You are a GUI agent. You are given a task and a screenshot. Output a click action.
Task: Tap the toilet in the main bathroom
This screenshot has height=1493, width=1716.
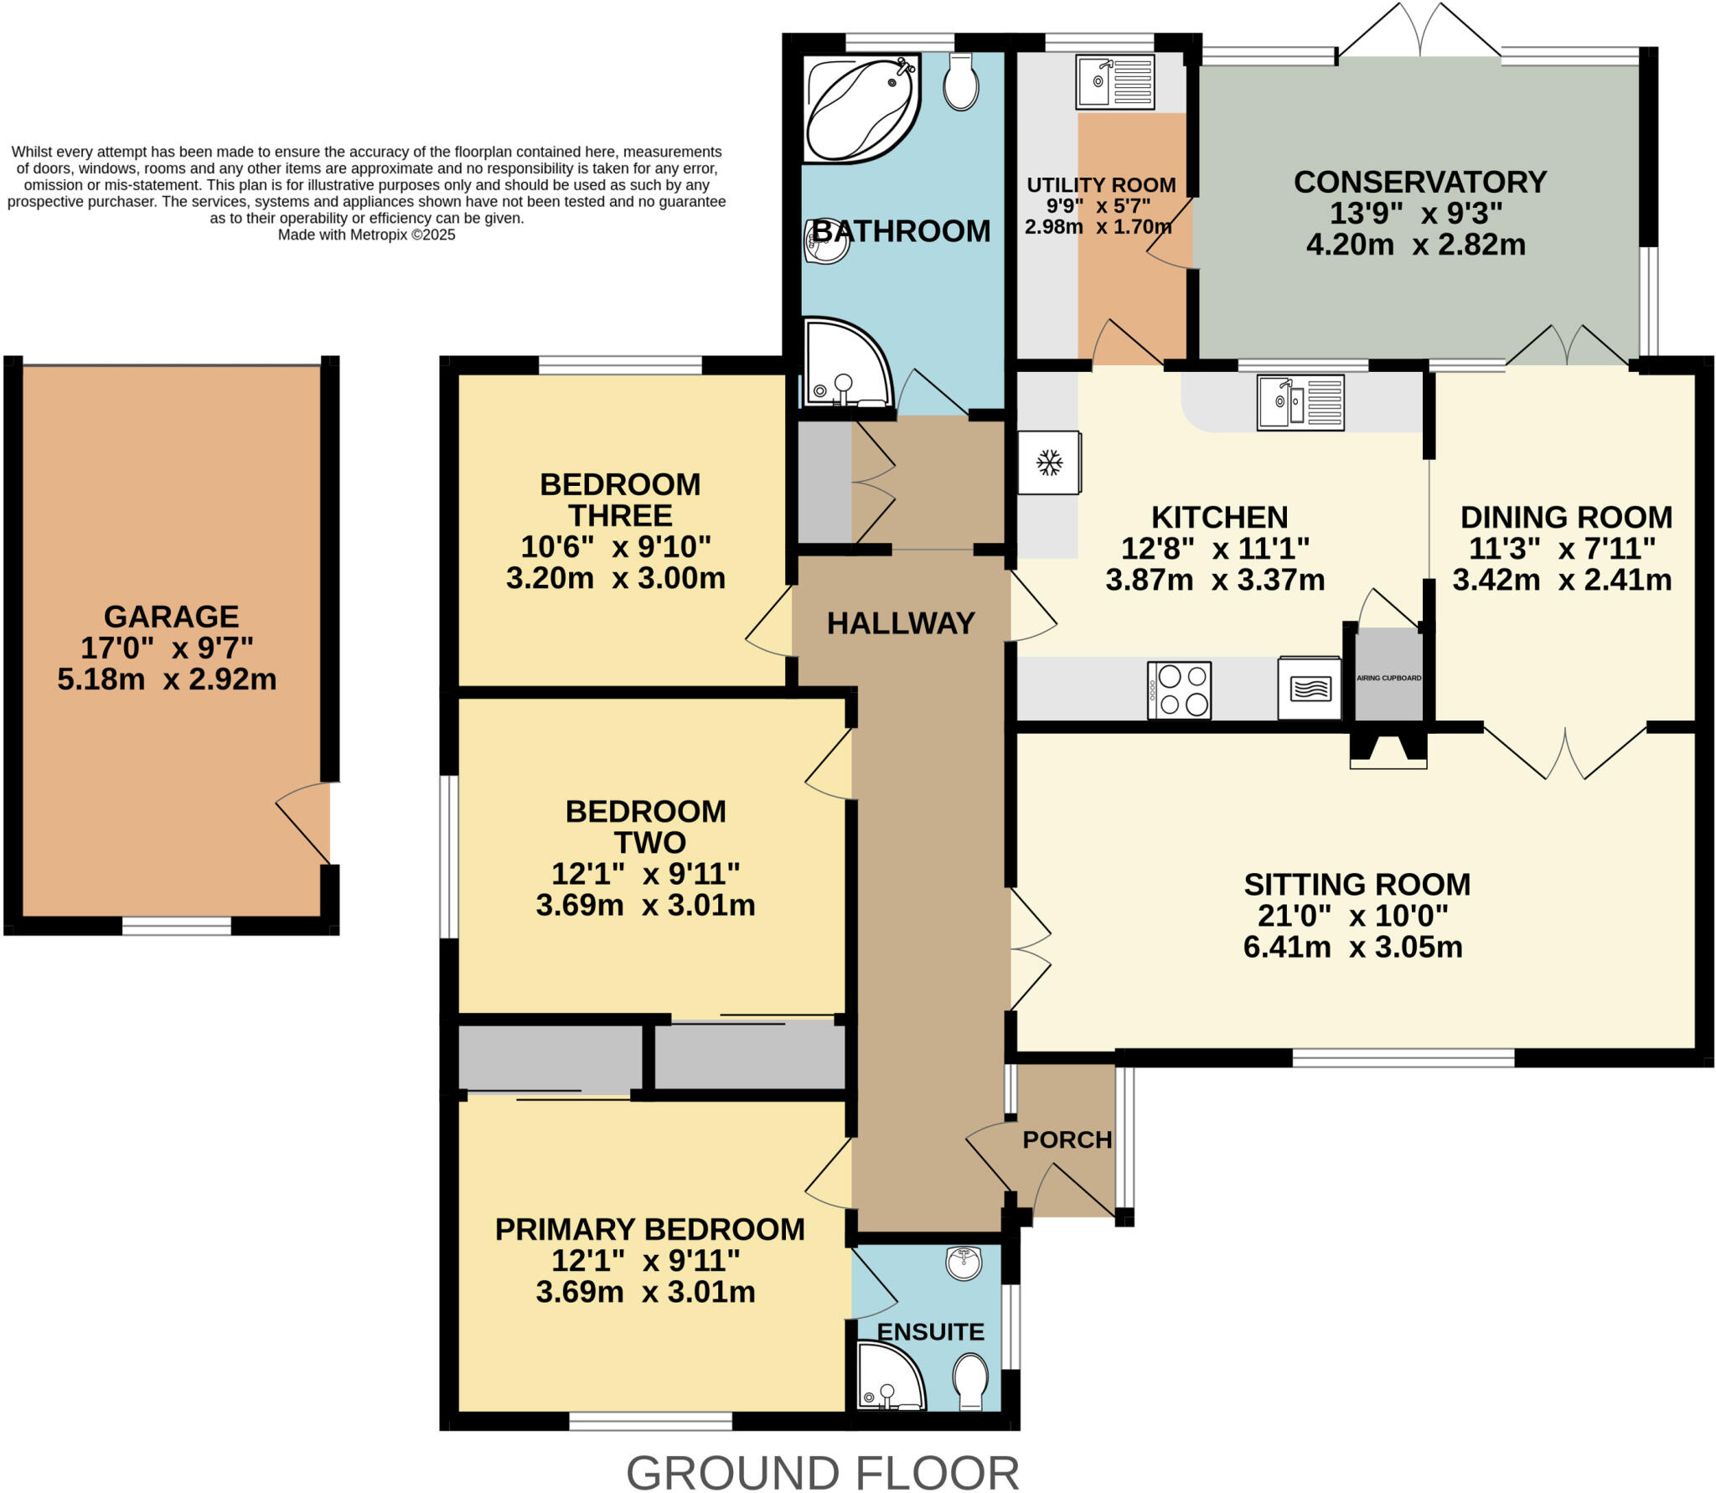(960, 82)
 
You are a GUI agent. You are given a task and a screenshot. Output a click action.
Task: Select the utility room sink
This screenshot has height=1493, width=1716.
(1114, 82)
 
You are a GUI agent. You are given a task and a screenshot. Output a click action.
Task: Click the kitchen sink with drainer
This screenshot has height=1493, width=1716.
(1300, 402)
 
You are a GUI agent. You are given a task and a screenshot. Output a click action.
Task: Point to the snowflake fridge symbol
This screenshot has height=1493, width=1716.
(1049, 462)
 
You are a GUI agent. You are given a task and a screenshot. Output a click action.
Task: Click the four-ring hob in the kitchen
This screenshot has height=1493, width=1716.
(1179, 690)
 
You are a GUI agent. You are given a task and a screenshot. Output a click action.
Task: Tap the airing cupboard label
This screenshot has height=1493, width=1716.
(1388, 678)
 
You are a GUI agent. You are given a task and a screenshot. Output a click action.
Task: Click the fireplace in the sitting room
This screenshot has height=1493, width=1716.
(1388, 751)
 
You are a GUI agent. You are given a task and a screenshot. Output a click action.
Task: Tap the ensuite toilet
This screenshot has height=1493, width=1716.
(970, 1381)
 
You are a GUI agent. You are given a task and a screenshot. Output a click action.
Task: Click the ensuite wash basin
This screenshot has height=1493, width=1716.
(964, 1263)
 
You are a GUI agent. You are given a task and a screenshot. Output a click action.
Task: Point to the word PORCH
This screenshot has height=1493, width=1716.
(1067, 1139)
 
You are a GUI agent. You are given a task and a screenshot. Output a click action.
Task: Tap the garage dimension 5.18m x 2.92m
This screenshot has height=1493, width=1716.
(167, 679)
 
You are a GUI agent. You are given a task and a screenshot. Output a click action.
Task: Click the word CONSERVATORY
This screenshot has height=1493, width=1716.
(1419, 182)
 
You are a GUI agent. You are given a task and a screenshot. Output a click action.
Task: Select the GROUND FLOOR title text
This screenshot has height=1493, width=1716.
(822, 1472)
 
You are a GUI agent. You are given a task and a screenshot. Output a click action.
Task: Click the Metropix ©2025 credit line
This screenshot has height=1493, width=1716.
(366, 235)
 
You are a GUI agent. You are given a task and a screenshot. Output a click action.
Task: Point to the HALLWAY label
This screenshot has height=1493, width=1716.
(900, 623)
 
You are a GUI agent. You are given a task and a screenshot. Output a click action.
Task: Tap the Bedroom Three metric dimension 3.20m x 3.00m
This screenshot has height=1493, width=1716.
(615, 578)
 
